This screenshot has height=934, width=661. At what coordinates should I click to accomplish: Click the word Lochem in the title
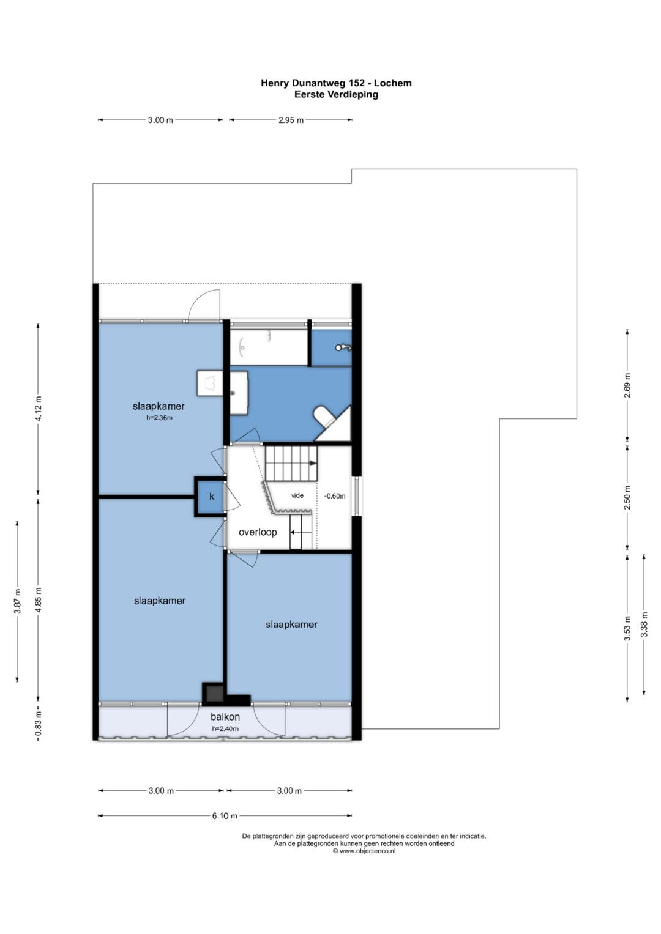tap(392, 83)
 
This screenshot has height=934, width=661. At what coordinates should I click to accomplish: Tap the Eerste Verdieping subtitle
tap(337, 94)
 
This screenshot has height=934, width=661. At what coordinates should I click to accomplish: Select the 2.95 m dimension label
tap(291, 120)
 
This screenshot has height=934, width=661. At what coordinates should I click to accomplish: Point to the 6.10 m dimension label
tap(225, 815)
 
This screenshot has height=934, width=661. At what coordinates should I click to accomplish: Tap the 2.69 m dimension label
tap(627, 385)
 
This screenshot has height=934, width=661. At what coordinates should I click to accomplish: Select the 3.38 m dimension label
tap(644, 624)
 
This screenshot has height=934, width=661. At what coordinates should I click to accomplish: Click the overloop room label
tap(258, 532)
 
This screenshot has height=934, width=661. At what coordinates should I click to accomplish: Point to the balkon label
tap(225, 716)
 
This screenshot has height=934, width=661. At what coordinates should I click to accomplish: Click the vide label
tap(297, 495)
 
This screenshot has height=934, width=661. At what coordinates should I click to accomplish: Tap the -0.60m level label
tap(335, 496)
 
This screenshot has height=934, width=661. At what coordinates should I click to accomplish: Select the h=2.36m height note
tap(159, 417)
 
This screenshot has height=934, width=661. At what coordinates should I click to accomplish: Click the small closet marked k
tap(212, 497)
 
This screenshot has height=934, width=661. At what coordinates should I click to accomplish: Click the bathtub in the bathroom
tap(269, 348)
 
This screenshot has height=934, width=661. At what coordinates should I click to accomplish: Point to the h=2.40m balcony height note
tap(225, 728)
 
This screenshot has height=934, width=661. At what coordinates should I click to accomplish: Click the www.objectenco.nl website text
tap(364, 851)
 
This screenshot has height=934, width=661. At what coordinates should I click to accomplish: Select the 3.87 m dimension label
tap(17, 601)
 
